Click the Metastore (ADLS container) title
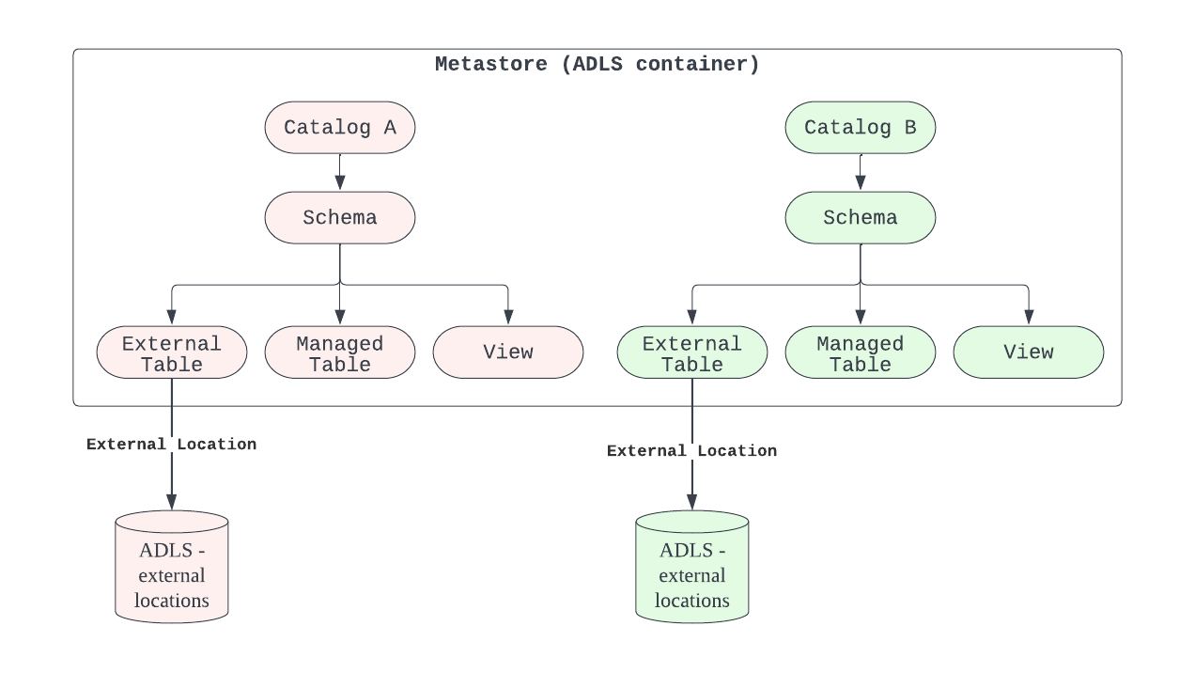point(597,65)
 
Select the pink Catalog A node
point(339,128)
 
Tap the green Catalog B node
point(860,128)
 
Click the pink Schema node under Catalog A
point(339,218)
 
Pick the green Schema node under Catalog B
point(860,218)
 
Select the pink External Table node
point(171,353)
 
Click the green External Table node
point(691,353)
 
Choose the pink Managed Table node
point(339,353)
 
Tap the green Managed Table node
point(860,353)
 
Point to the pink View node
point(507,352)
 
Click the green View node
point(1028,352)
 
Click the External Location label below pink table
point(171,445)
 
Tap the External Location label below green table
point(691,451)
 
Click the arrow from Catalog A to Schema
point(339,172)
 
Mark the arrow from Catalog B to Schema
point(860,172)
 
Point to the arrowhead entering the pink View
point(507,319)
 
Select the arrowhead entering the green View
point(1028,319)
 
